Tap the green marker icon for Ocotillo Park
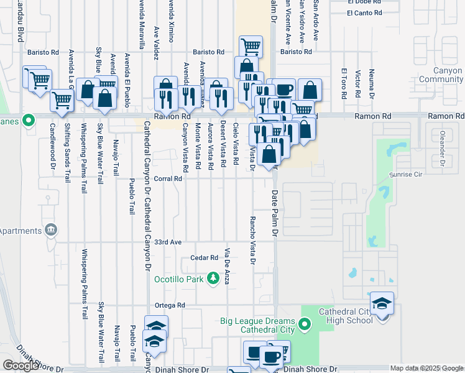pyautogui.click(x=214, y=279)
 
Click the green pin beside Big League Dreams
pyautogui.click(x=304, y=324)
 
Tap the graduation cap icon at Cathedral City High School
pyautogui.click(x=382, y=304)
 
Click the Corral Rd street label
pyautogui.click(x=168, y=178)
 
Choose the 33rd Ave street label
pyautogui.click(x=168, y=242)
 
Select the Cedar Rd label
pyautogui.click(x=205, y=257)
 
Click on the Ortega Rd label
pyautogui.click(x=170, y=305)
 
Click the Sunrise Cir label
pyautogui.click(x=405, y=175)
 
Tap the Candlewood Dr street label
pyautogui.click(x=53, y=145)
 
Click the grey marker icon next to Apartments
pyautogui.click(x=51, y=231)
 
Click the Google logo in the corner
pyautogui.click(x=21, y=366)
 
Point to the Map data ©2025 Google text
pyautogui.click(x=426, y=368)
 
